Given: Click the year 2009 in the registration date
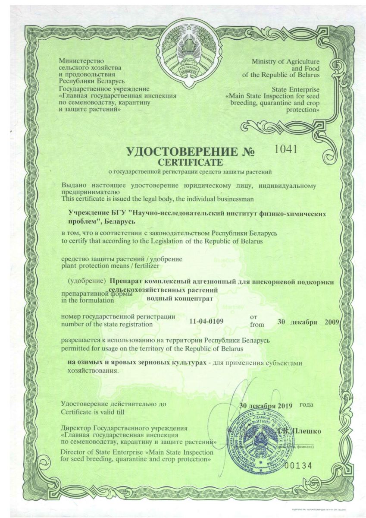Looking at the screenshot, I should pos(332,322).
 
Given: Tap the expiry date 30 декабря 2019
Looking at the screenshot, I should pos(266,405).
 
